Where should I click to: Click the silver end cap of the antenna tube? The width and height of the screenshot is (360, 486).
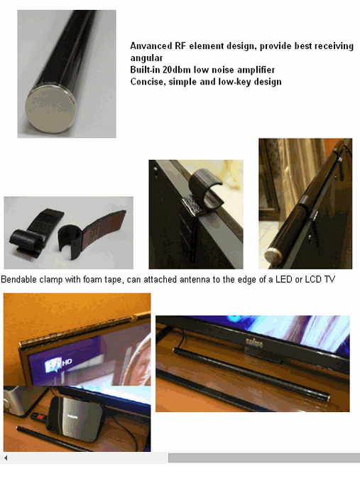point(47,111)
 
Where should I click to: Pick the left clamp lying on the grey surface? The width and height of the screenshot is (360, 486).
point(31,234)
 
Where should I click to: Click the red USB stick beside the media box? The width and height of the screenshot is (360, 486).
point(40,416)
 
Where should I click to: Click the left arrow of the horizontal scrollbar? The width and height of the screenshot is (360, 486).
point(5,458)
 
